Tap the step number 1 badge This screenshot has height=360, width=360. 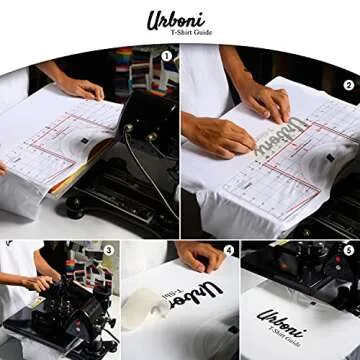167,56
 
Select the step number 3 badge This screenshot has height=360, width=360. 109,249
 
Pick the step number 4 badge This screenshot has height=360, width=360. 228,250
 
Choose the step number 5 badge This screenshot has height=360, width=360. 349,250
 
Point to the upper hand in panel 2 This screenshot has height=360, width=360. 265,100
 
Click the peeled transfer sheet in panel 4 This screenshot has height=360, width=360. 150,301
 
